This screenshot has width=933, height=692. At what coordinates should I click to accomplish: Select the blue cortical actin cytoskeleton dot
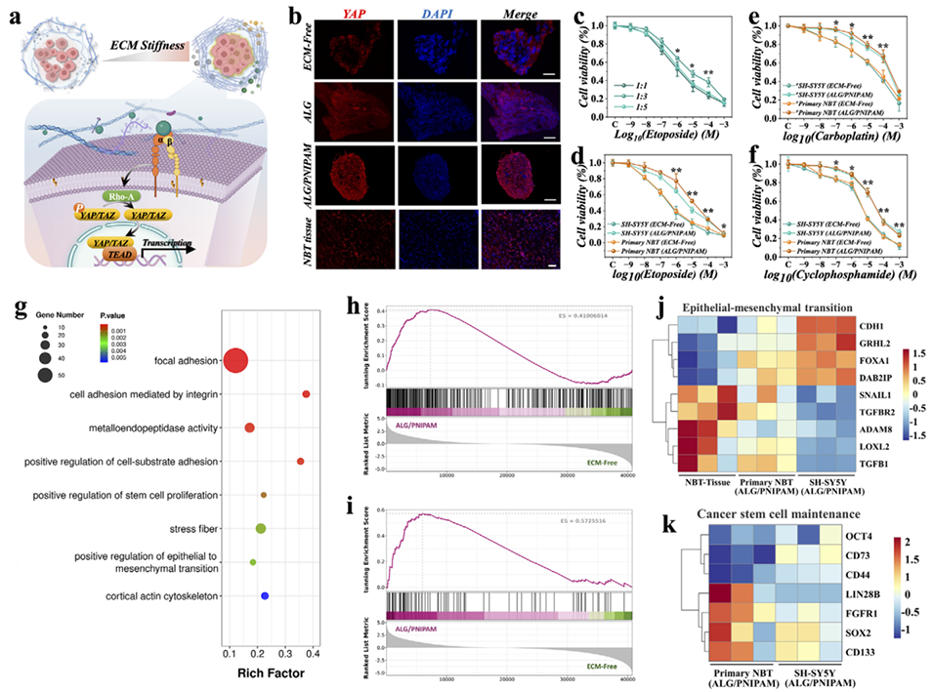click(x=265, y=595)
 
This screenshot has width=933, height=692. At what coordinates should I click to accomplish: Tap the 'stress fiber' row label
click(x=192, y=529)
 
